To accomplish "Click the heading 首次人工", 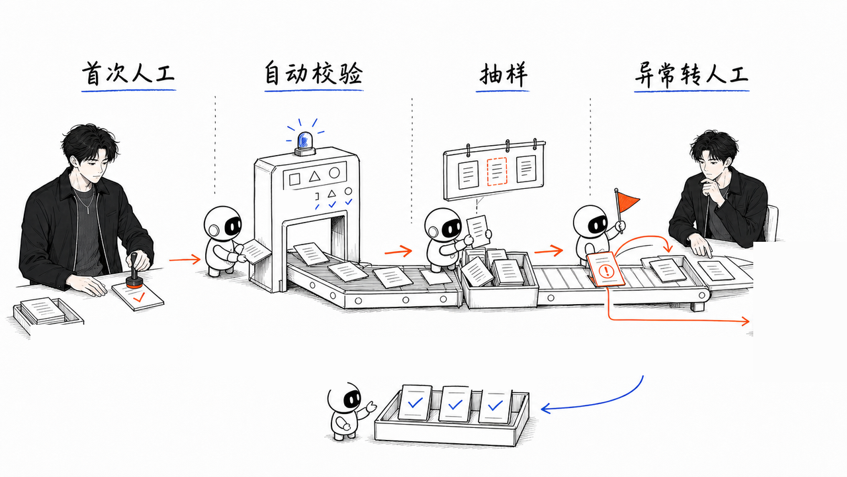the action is pos(128,73).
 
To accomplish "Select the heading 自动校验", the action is pos(314,73).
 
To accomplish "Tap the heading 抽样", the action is pos(503,74).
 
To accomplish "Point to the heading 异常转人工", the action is pos(691,75).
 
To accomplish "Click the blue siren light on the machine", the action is pos(304,142).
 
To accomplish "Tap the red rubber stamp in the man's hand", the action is pos(134,272).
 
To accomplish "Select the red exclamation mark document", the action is pos(605,269).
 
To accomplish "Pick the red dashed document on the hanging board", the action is pos(496,172).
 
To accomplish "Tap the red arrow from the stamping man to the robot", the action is pos(185,260).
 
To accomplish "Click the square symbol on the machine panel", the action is pos(294,179).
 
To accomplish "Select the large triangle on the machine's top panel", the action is pos(314,176).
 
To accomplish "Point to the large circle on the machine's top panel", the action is pos(334,173).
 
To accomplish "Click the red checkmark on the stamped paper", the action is pos(139,297).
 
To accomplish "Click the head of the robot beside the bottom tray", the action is pos(345,397).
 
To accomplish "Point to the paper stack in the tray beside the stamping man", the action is pos(42,310).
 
